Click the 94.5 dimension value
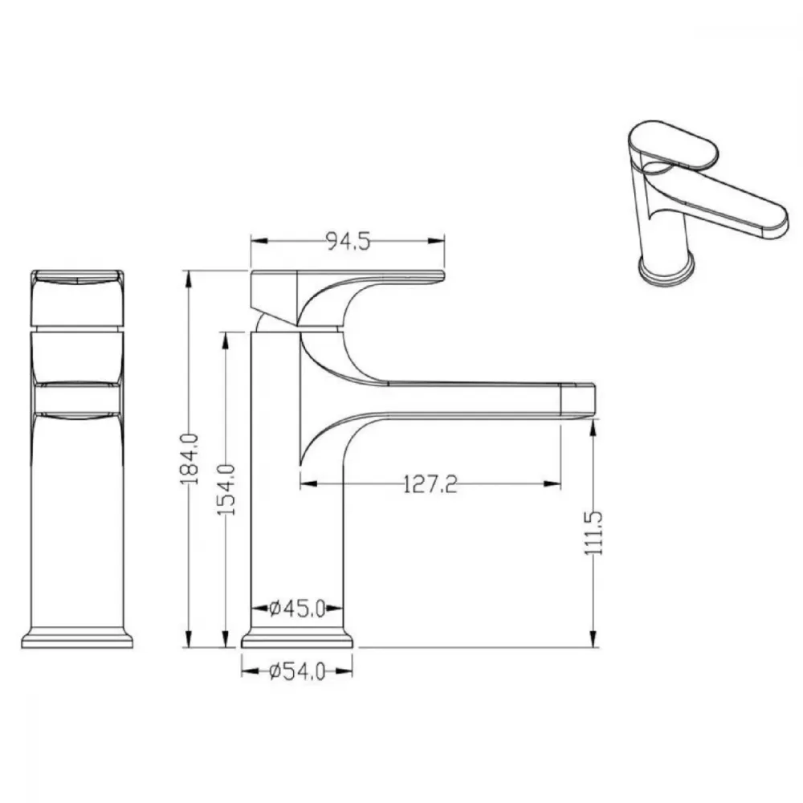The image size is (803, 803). [x=349, y=241]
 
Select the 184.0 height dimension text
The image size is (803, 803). [x=190, y=459]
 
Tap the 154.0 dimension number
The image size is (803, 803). [x=226, y=489]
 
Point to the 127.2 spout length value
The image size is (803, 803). [x=430, y=484]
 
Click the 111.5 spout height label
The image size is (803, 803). [x=594, y=532]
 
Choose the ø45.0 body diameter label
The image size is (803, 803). [x=297, y=609]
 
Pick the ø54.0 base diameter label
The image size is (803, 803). [x=297, y=671]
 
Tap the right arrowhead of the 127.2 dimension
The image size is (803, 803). [x=552, y=483]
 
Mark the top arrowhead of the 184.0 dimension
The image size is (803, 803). [x=190, y=279]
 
